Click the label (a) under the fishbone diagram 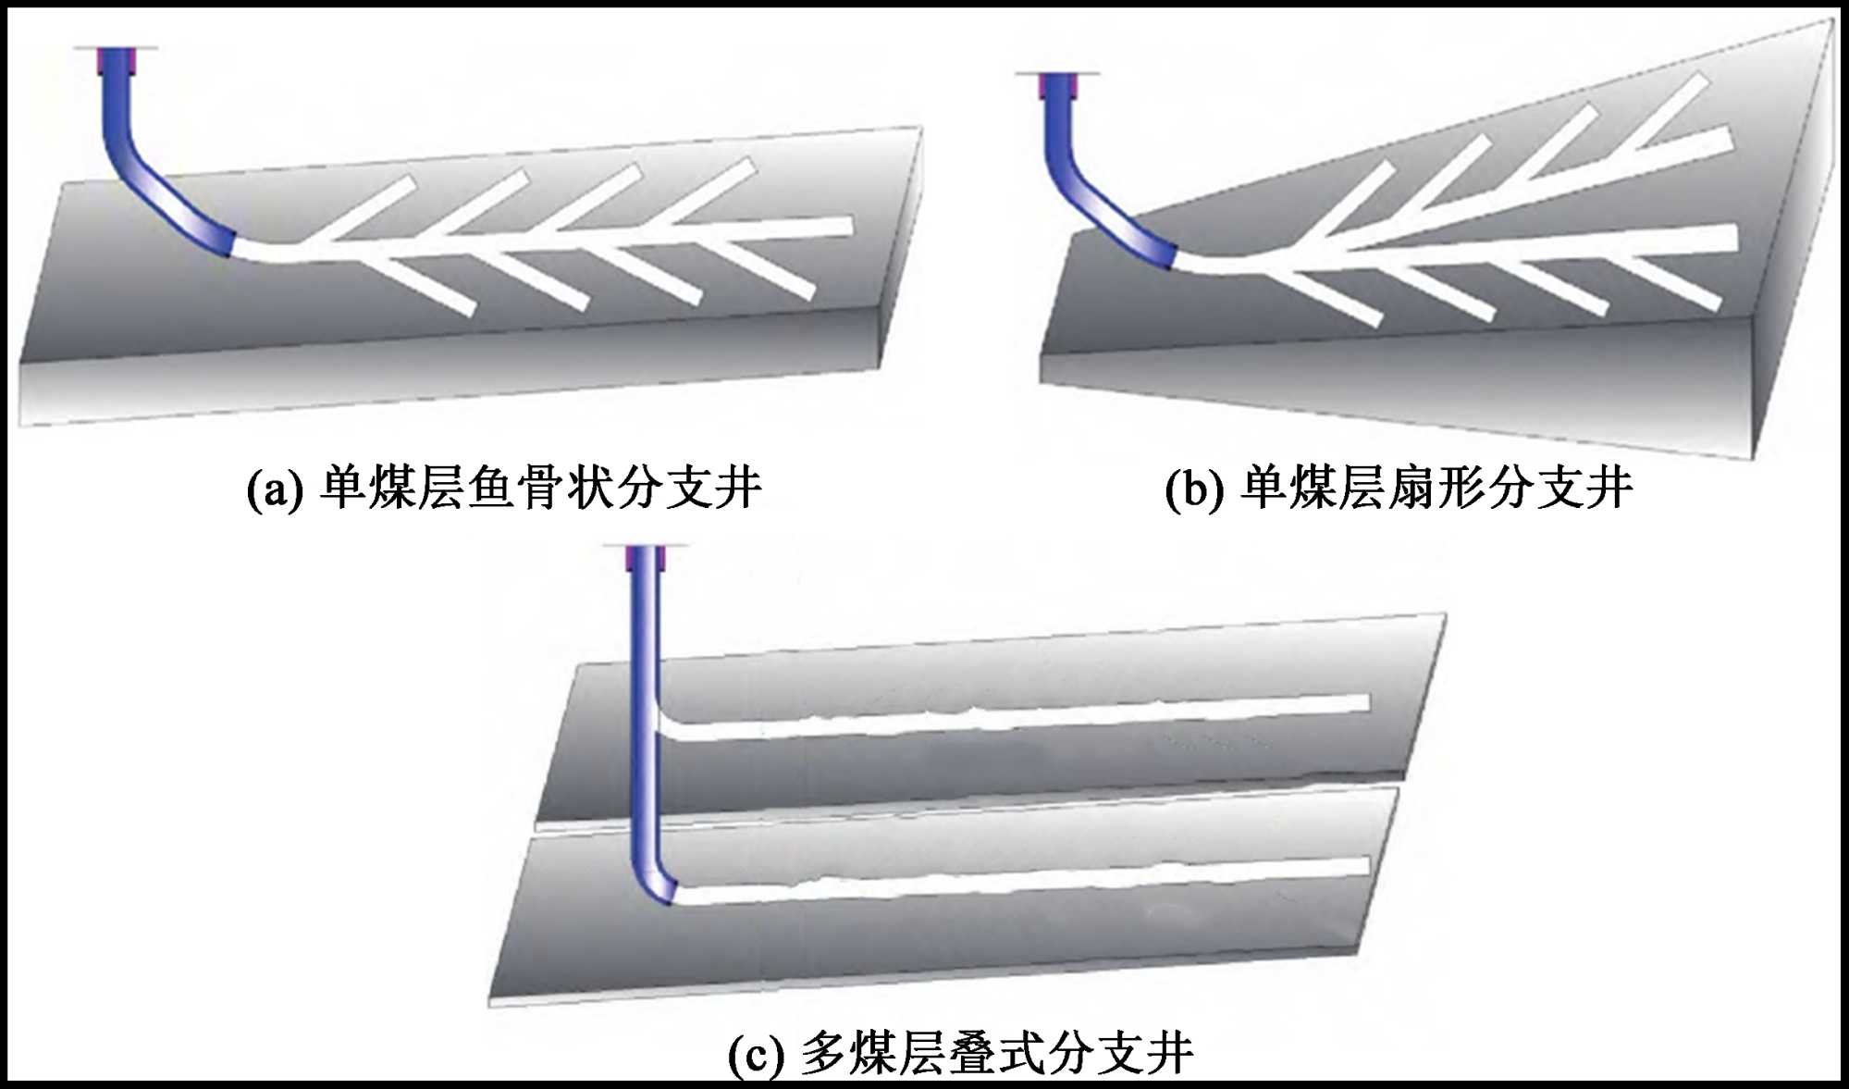(274, 489)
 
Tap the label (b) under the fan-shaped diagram (1194, 489)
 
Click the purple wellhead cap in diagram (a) (115, 59)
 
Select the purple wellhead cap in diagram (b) (1057, 85)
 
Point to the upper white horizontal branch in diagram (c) (1017, 717)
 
